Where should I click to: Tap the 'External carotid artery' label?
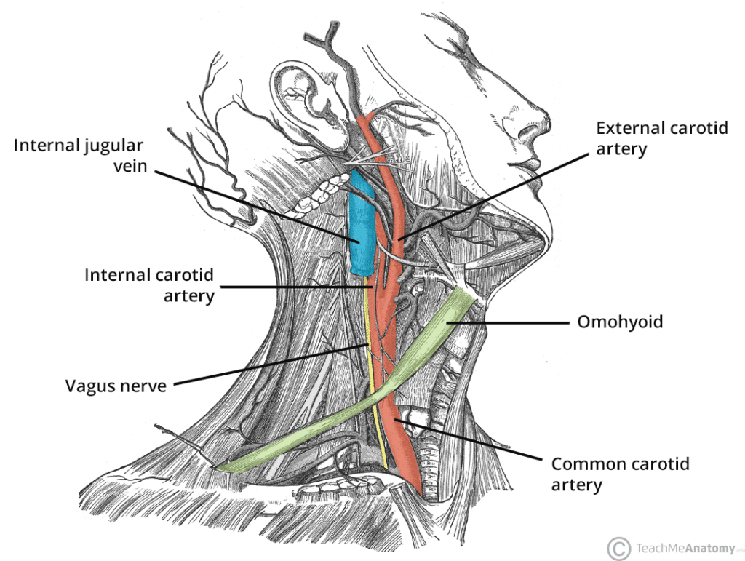[661, 138]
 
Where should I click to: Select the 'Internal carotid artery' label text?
[150, 285]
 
